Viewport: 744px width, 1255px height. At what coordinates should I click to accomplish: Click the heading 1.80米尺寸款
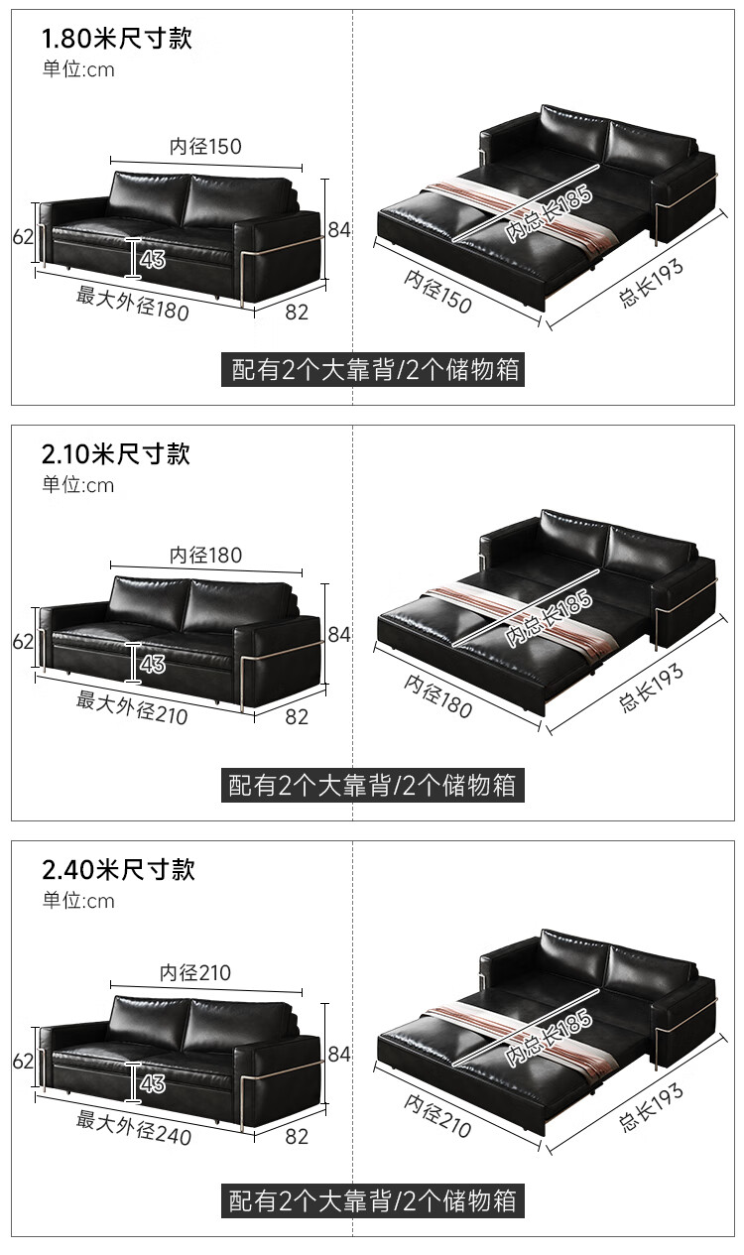116,39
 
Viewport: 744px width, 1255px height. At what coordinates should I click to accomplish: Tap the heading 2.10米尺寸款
116,454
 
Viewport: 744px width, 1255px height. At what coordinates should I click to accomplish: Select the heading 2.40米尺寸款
118,870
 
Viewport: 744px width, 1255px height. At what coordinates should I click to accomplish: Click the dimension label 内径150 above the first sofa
205,147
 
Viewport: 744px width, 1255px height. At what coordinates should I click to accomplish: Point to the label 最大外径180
133,302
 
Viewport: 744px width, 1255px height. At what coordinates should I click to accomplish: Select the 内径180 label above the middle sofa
205,556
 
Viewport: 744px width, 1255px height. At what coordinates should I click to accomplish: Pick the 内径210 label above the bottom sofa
195,973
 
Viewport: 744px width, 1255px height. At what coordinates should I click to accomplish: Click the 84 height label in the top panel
339,229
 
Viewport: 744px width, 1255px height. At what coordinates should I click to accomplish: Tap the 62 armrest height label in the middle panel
24,642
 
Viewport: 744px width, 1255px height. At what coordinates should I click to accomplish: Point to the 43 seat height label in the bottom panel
153,1083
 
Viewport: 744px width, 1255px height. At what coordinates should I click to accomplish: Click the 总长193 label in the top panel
652,281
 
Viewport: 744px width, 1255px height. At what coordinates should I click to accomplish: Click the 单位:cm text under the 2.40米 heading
78,901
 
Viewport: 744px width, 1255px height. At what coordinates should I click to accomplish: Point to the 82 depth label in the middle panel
297,716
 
